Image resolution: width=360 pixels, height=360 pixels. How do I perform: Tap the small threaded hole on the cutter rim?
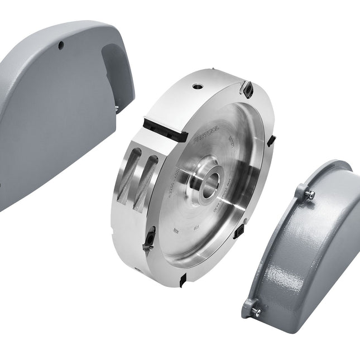tap(196, 87)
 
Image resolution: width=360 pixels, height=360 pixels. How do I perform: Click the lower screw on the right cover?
tap(256, 311)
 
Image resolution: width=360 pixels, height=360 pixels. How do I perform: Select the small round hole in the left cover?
tap(62, 45)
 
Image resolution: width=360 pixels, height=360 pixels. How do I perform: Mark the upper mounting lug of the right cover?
tap(304, 191)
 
